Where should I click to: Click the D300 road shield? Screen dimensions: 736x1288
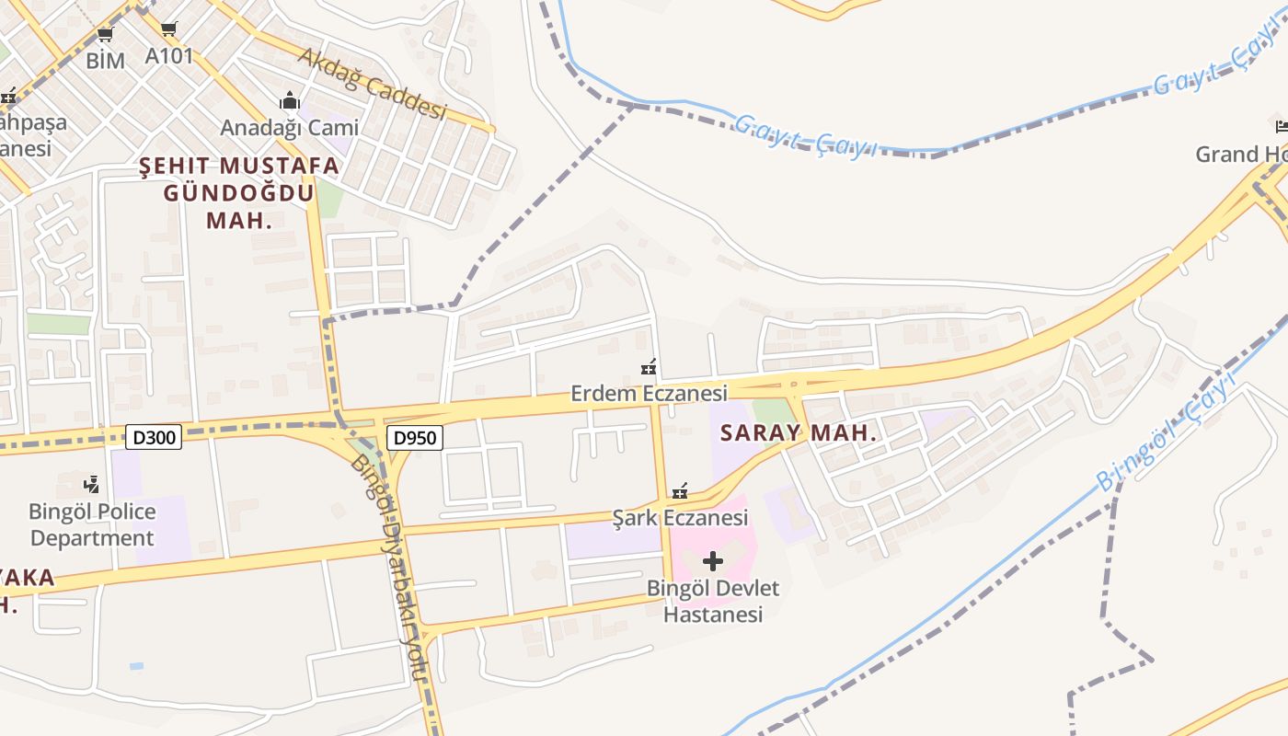(x=154, y=437)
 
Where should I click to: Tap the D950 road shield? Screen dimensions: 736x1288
(x=414, y=438)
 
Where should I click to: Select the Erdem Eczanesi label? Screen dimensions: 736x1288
(x=649, y=394)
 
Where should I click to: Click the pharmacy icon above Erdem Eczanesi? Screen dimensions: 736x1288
(x=649, y=368)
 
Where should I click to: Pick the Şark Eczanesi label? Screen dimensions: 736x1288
(x=680, y=518)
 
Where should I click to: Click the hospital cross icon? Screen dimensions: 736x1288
(x=713, y=560)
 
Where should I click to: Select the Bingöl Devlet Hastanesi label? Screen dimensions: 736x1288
(x=713, y=601)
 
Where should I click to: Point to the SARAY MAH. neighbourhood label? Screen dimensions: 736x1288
(x=799, y=432)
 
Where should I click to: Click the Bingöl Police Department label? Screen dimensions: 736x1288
(x=92, y=524)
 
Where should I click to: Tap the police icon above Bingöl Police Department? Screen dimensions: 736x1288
(x=91, y=484)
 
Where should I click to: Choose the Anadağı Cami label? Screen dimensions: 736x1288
(x=289, y=128)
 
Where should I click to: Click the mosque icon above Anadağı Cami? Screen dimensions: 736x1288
(x=290, y=100)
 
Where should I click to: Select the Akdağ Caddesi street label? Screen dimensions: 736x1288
(x=372, y=84)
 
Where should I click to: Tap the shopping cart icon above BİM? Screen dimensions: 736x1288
(x=105, y=35)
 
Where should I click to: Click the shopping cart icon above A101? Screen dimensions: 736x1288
(x=168, y=29)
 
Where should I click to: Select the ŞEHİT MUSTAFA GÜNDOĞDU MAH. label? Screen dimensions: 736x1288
(x=239, y=193)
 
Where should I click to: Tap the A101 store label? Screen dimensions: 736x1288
(x=169, y=56)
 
